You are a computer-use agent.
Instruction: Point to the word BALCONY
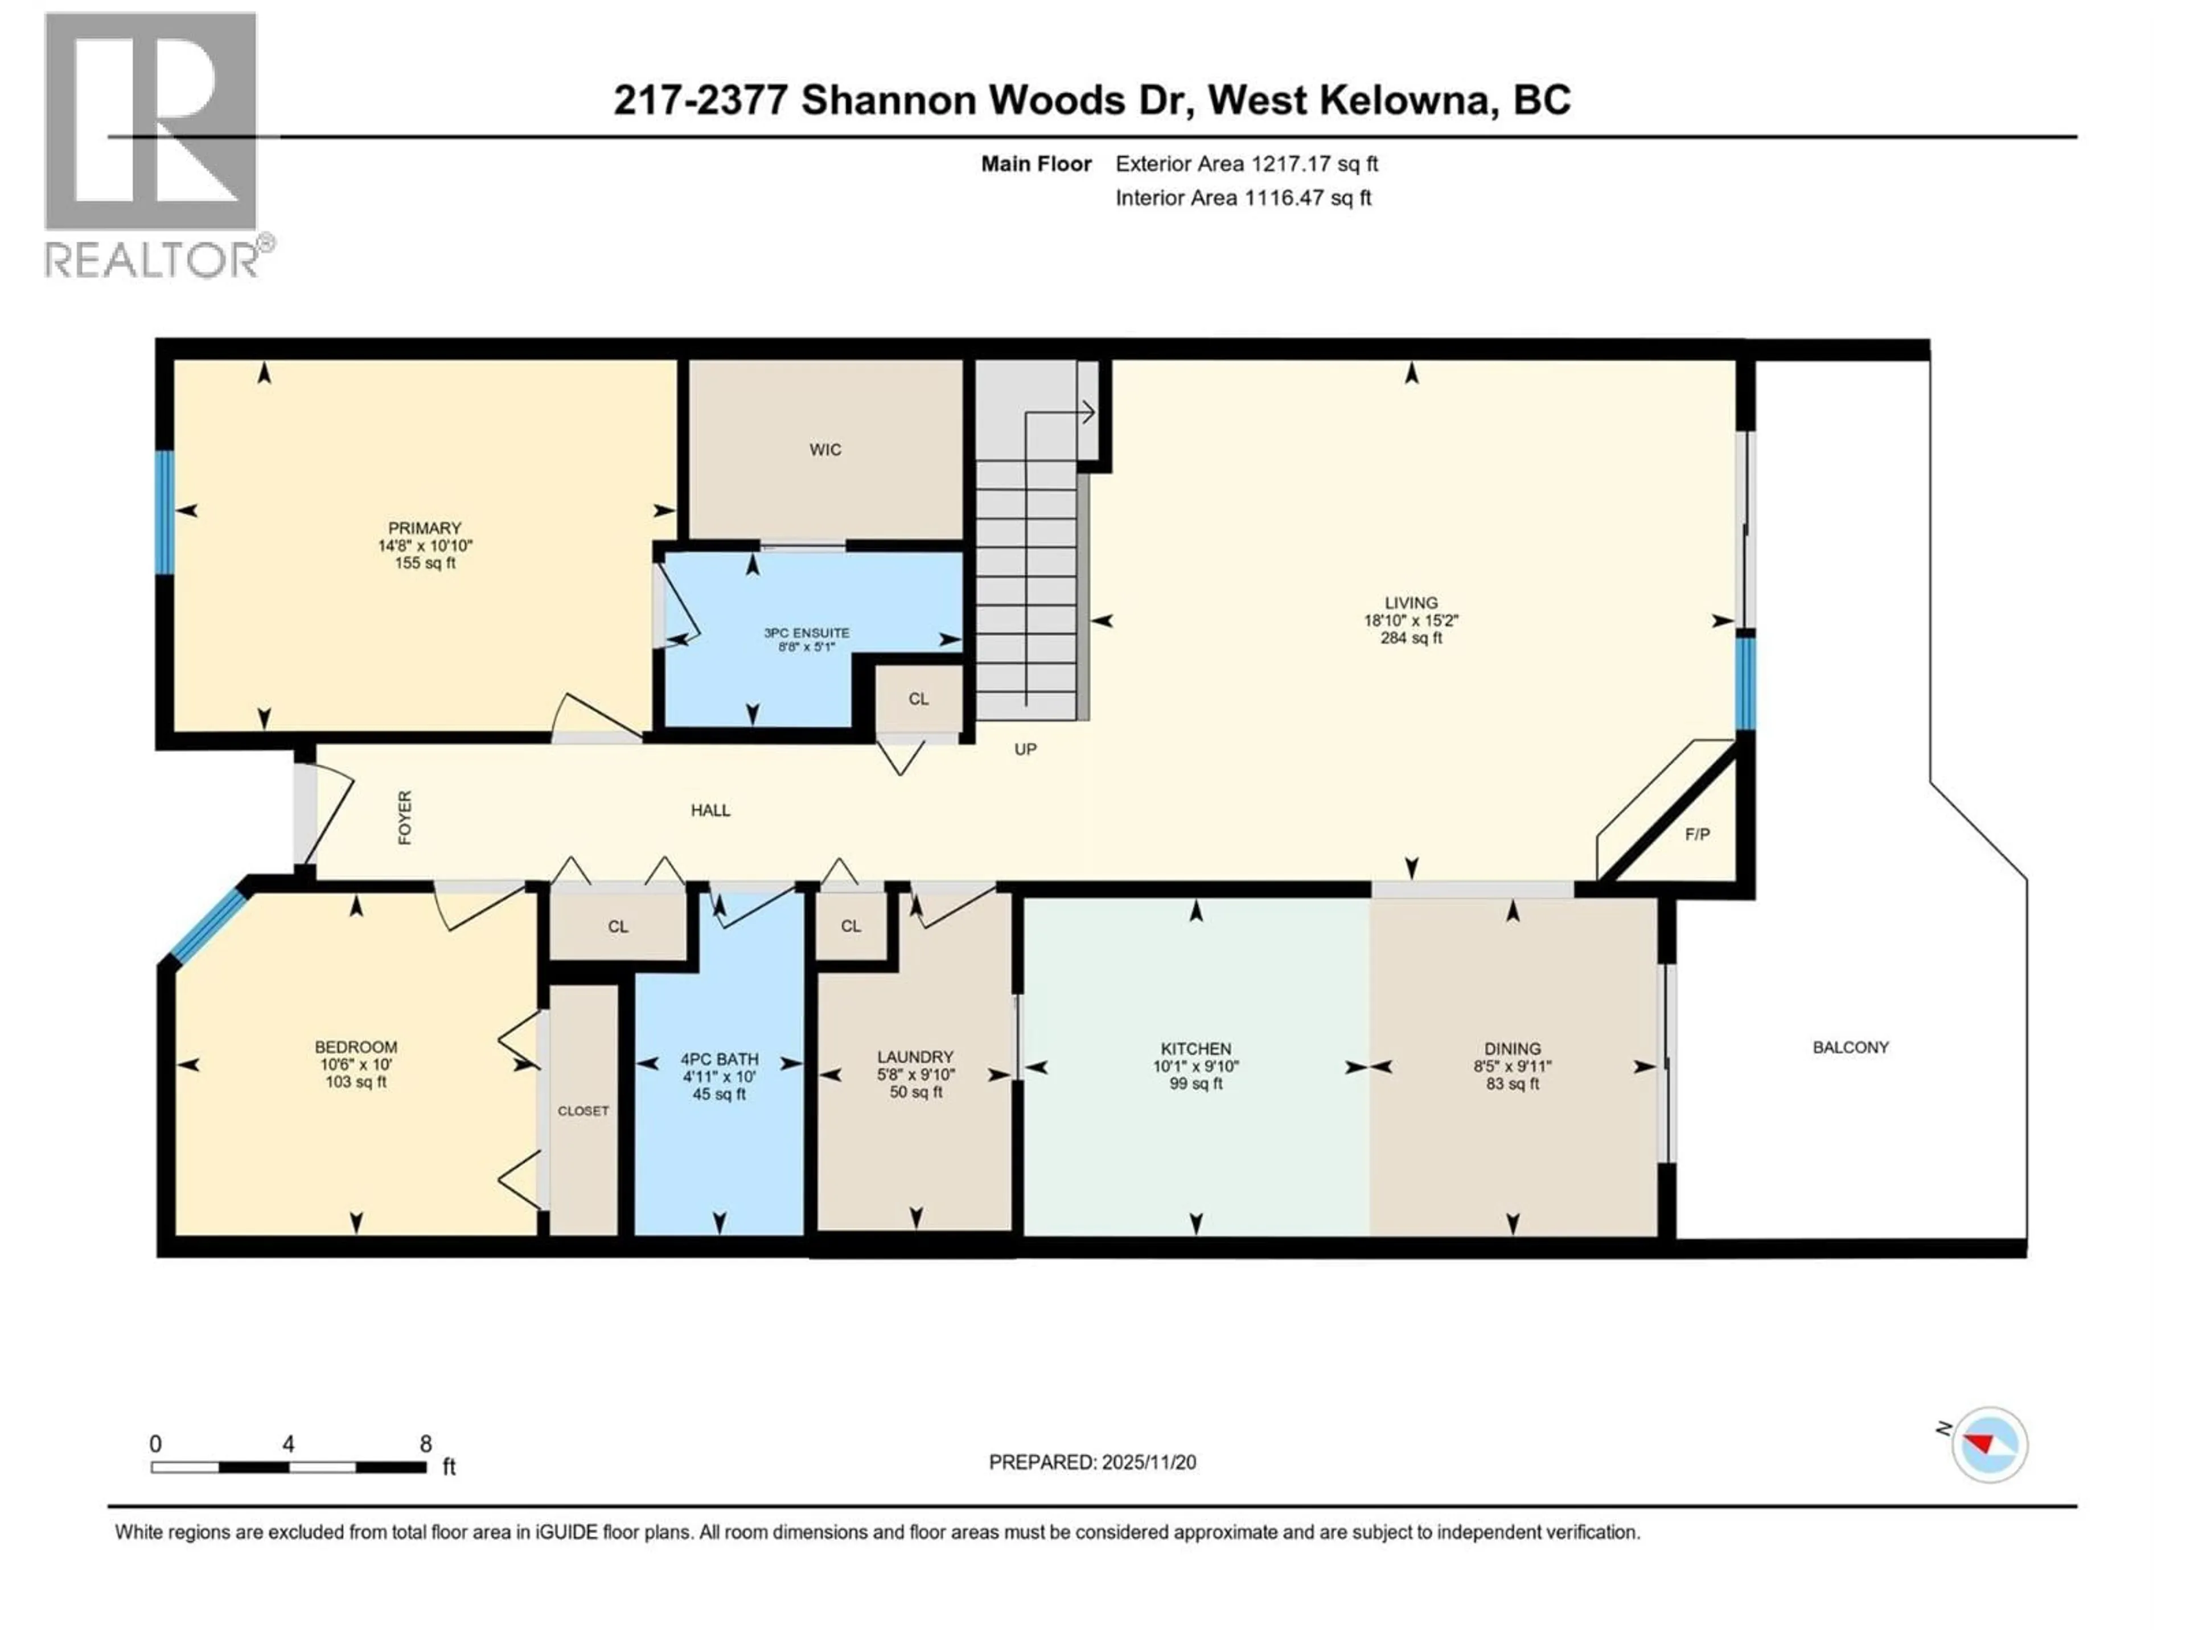(1850, 1047)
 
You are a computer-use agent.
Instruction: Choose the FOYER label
(404, 818)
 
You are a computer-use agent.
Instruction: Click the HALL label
(710, 811)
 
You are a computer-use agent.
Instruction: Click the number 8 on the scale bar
(426, 1444)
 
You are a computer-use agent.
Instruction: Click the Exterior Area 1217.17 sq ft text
(1246, 164)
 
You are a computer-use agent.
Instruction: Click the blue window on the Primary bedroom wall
(164, 512)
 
